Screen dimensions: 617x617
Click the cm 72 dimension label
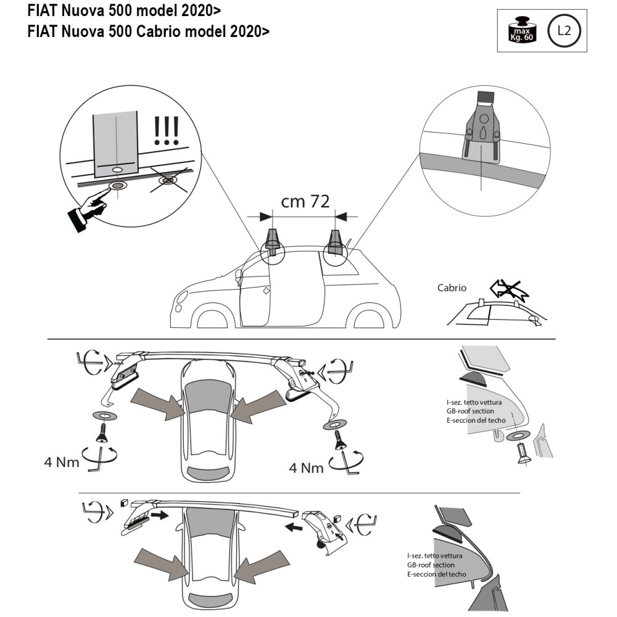click(x=305, y=202)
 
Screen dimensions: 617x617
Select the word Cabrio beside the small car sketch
click(x=452, y=288)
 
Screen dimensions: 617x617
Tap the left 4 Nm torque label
click(x=62, y=461)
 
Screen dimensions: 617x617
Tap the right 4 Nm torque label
click(x=307, y=467)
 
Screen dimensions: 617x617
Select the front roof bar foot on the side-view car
click(x=273, y=240)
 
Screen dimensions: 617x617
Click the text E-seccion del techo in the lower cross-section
click(x=437, y=574)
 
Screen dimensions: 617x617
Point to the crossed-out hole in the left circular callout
click(x=167, y=181)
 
